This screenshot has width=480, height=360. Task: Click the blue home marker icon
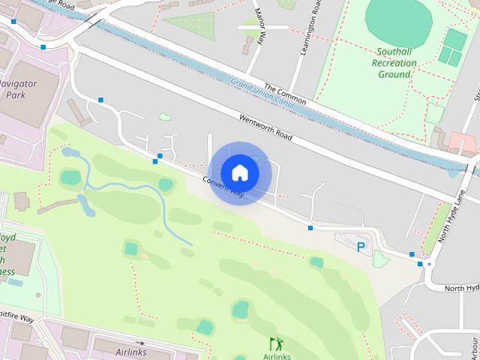click(x=239, y=173)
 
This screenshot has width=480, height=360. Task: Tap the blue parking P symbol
click(x=361, y=247)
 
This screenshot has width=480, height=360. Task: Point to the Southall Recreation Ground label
click(x=394, y=64)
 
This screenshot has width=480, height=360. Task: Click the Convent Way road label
click(x=223, y=187)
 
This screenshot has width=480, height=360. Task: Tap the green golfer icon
click(x=276, y=343)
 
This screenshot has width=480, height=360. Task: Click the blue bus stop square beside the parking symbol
click(x=310, y=227)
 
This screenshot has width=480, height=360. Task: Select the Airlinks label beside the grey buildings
click(x=131, y=351)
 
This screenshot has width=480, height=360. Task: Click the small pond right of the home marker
click(x=256, y=159)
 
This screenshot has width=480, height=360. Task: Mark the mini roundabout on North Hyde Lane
click(x=428, y=264)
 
